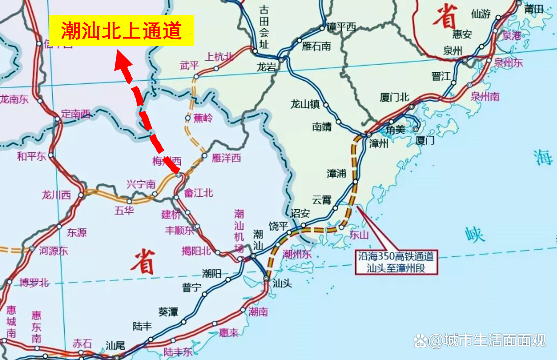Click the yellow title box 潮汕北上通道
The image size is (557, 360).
pyautogui.click(x=122, y=31)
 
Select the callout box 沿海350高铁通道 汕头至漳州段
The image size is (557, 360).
pyautogui.click(x=396, y=262)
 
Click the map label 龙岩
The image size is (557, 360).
pyautogui.click(x=266, y=67)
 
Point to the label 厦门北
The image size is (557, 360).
pyautogui.click(x=394, y=97)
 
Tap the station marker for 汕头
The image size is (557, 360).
pyautogui.click(x=266, y=278)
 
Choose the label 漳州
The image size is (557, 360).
pyautogui.click(x=379, y=143)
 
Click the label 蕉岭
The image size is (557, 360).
pyautogui.click(x=203, y=118)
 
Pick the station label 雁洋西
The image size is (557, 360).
pyautogui.click(x=226, y=158)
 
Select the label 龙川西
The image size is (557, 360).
pyautogui.click(x=56, y=195)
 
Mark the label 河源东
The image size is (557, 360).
pyautogui.click(x=53, y=251)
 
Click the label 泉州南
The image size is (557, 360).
pyautogui.click(x=485, y=96)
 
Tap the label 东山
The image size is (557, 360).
pyautogui.click(x=359, y=235)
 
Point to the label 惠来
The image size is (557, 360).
pyautogui.click(x=229, y=333)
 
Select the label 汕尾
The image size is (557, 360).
pyautogui.click(x=115, y=345)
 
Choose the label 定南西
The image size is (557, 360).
pyautogui.click(x=75, y=114)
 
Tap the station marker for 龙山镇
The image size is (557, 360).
pyautogui.click(x=326, y=105)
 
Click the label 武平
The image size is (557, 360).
pyautogui.click(x=189, y=65)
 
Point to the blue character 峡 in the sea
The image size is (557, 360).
pyautogui.click(x=475, y=235)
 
